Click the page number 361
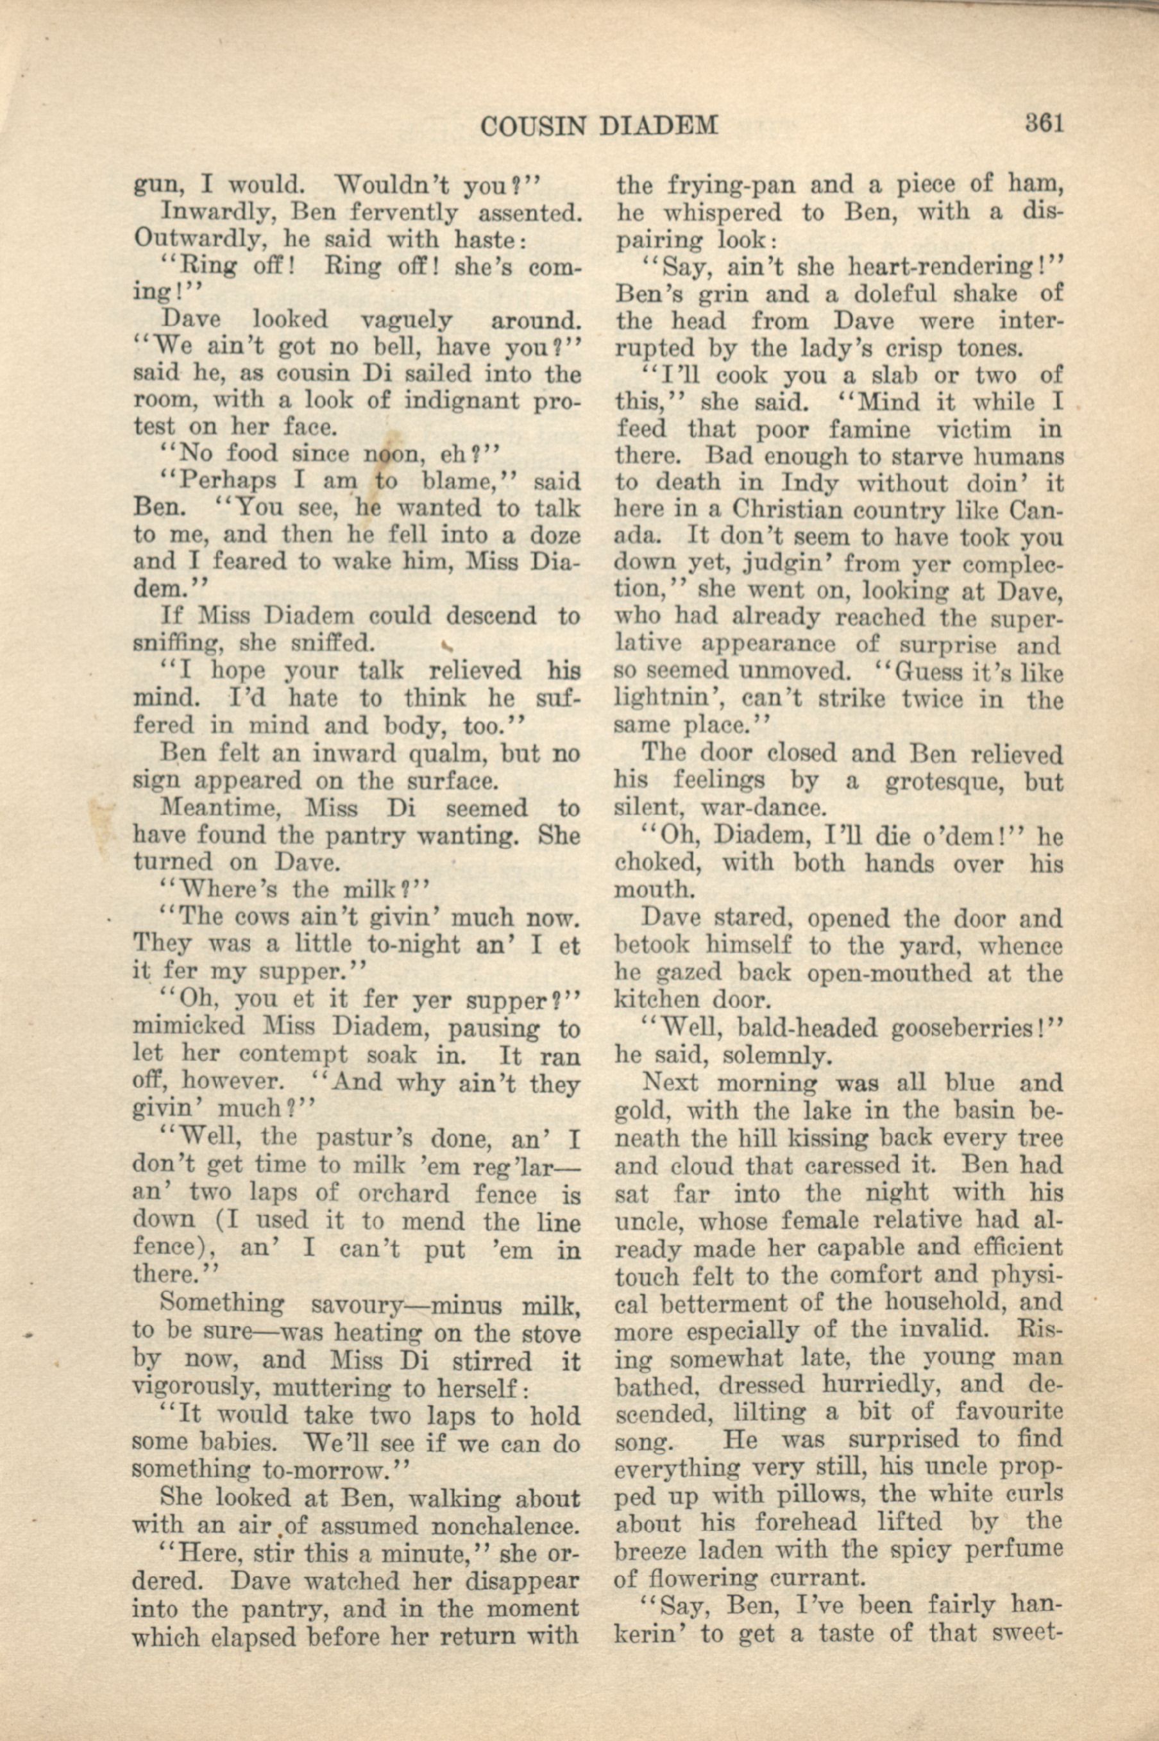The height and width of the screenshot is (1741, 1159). [1043, 122]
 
